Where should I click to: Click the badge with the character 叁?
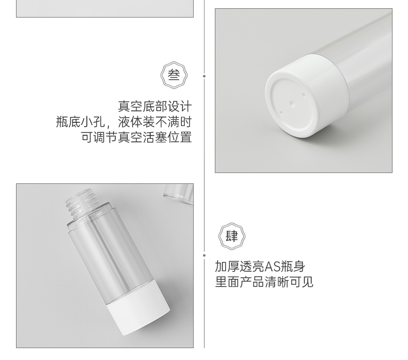pyautogui.click(x=174, y=75)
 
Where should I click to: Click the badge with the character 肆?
pyautogui.click(x=231, y=237)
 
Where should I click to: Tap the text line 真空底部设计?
pyautogui.click(x=155, y=106)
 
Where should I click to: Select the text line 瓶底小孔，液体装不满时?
pyautogui.click(x=124, y=122)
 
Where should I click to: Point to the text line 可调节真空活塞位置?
pyautogui.click(x=136, y=137)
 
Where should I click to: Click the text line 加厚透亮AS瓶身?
pyautogui.click(x=260, y=267)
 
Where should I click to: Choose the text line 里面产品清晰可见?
pyautogui.click(x=264, y=281)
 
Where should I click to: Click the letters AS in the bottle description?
pyautogui.click(x=272, y=267)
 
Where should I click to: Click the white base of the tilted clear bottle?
pyautogui.click(x=138, y=308)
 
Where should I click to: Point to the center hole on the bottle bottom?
pyautogui.click(x=292, y=104)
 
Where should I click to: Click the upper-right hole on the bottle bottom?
pyautogui.click(x=303, y=95)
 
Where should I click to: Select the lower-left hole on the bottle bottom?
pyautogui.click(x=281, y=113)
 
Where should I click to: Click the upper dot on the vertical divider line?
pyautogui.click(x=205, y=76)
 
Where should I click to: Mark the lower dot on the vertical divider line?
pyautogui.click(x=205, y=255)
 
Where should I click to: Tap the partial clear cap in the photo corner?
pyautogui.click(x=179, y=193)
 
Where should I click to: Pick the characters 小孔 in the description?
pyautogui.click(x=93, y=122)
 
